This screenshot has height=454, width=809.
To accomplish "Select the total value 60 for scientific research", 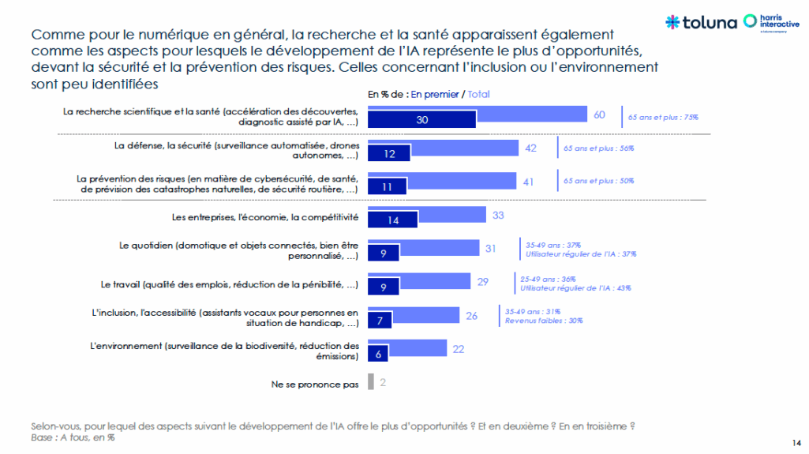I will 599,115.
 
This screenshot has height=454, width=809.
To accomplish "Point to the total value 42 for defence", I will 530,148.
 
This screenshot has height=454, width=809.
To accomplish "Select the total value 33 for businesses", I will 498,215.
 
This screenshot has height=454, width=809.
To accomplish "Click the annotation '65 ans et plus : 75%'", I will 663,117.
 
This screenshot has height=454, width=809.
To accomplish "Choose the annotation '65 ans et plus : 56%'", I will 597,148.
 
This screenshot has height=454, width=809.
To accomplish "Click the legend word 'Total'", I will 478,94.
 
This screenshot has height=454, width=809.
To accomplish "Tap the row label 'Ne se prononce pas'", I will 315,385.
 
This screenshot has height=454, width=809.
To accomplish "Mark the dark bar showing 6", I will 379,355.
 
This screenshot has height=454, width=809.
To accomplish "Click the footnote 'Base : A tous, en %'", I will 72,437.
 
